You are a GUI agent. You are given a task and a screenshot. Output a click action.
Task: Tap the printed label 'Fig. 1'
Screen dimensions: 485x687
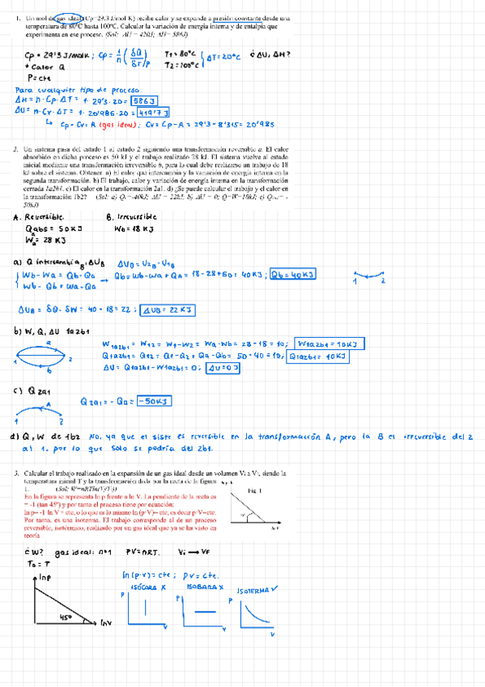pos(254,491)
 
